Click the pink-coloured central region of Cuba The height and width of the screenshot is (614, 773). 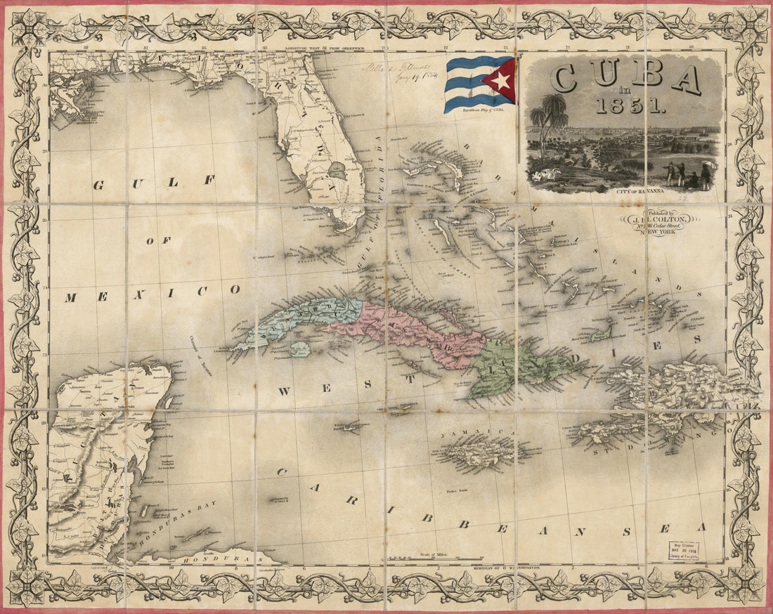[x=408, y=330]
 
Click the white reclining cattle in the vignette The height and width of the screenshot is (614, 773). [x=543, y=175]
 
